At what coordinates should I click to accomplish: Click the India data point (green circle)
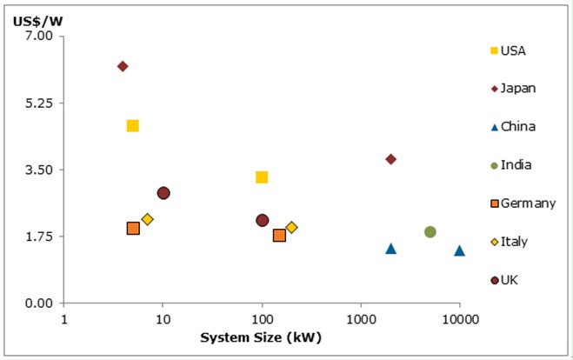pyautogui.click(x=430, y=232)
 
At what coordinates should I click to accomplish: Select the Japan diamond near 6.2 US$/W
pyautogui.click(x=123, y=66)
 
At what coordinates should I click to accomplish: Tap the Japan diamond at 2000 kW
pyautogui.click(x=391, y=159)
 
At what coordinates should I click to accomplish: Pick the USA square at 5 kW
pyautogui.click(x=132, y=126)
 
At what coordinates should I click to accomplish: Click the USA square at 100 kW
pyautogui.click(x=262, y=177)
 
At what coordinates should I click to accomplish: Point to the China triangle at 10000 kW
pyautogui.click(x=459, y=250)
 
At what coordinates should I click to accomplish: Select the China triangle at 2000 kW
pyautogui.click(x=391, y=249)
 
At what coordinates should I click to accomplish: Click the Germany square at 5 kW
pyautogui.click(x=133, y=228)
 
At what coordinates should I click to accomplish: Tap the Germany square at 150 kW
pyautogui.click(x=279, y=235)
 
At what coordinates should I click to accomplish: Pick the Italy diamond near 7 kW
pyautogui.click(x=148, y=219)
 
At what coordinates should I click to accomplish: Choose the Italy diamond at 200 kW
pyautogui.click(x=291, y=227)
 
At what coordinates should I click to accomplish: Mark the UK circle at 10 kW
pyautogui.click(x=163, y=193)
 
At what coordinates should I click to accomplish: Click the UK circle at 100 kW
pyautogui.click(x=262, y=221)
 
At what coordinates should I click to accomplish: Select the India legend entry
pyautogui.click(x=516, y=165)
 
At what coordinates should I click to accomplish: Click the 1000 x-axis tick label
pyautogui.click(x=360, y=319)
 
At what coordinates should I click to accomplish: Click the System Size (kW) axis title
pyautogui.click(x=261, y=338)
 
